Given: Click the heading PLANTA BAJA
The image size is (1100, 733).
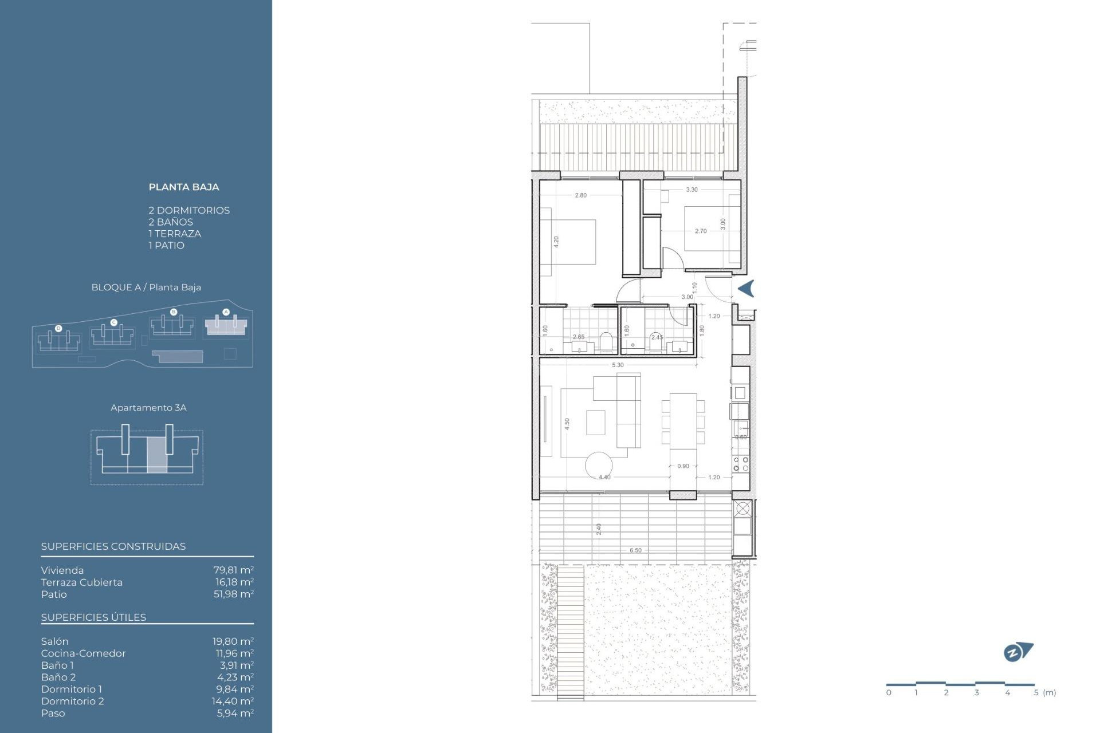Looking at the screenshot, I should coord(183,187).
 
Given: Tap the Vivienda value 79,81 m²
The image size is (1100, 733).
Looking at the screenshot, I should coord(233,570).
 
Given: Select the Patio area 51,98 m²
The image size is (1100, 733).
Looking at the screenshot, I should coord(233,594).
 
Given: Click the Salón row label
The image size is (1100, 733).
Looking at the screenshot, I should coord(54,641).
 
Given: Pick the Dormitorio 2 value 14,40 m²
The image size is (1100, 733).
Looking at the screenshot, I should coord(233,701).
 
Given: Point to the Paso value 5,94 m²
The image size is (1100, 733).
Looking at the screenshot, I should coord(235,713).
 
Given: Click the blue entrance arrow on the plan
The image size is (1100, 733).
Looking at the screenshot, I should coord(746,289).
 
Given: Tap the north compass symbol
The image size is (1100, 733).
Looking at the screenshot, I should coord(1017,652).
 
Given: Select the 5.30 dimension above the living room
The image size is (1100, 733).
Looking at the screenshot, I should coord(618,365).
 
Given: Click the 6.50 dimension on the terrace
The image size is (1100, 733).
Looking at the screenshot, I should coord(635,550).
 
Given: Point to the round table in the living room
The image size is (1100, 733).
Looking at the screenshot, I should coord(598,465).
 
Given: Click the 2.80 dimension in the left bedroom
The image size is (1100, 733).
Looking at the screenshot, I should coord(580,195).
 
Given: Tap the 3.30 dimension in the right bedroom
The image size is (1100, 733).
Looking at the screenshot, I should coord(692,190).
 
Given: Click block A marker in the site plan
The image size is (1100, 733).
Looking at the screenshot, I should coord(226,312).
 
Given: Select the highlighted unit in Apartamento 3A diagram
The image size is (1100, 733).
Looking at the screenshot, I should coord(156,454).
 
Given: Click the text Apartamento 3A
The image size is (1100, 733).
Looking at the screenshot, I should coord(148,408).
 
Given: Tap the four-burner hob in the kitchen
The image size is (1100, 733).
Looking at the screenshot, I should coord(740,464).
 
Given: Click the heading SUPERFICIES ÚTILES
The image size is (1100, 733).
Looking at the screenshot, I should coord(93,617).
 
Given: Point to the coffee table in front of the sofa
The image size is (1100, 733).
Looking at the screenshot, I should coord(595,423).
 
